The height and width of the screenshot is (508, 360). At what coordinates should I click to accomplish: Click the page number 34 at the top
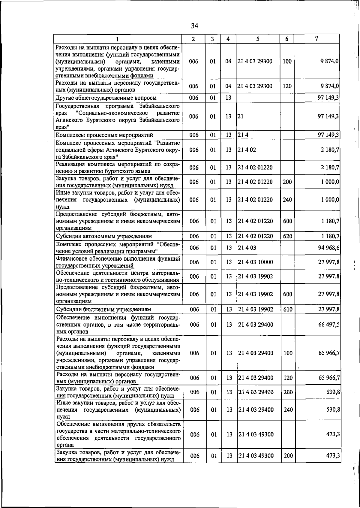tap(194, 26)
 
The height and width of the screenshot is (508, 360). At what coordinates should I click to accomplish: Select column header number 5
tap(258, 39)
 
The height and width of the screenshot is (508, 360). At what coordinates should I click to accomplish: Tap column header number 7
tap(316, 39)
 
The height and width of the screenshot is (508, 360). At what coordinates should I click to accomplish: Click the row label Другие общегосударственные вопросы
tap(106, 98)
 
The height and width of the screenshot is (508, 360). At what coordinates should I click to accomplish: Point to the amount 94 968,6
tap(329, 248)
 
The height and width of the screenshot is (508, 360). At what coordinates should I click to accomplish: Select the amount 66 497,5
tap(329, 325)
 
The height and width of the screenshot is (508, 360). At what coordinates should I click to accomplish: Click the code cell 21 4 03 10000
tap(255, 262)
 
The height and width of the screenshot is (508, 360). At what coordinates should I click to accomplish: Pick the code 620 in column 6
tap(287, 236)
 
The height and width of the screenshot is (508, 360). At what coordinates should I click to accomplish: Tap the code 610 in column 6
tap(288, 309)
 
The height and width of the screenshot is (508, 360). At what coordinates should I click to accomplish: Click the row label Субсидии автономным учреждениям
tap(104, 236)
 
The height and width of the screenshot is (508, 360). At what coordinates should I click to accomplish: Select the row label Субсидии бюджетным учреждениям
tap(103, 309)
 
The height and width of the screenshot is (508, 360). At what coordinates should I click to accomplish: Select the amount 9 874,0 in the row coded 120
tap(330, 86)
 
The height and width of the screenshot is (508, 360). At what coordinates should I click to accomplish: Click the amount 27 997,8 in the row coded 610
tap(329, 309)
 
